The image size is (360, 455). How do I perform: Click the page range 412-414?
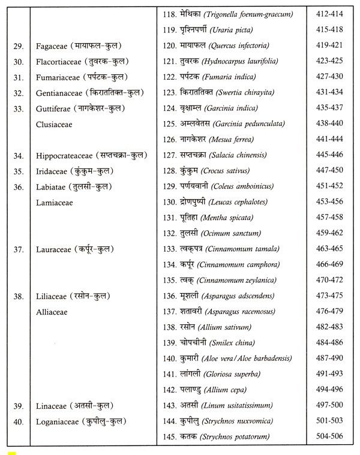click(x=328, y=13)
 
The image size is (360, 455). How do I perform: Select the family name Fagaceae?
click(x=56, y=46)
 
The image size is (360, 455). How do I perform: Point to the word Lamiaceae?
click(x=56, y=203)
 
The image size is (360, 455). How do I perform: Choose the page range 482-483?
click(x=328, y=327)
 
